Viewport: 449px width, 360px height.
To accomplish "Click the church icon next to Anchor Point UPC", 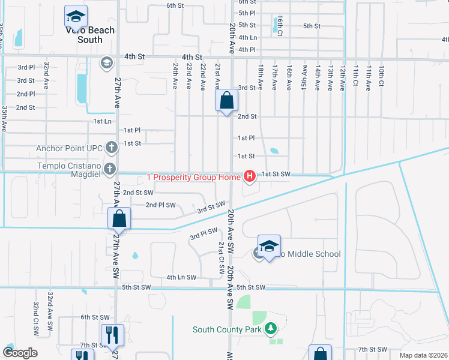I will [x=111, y=147].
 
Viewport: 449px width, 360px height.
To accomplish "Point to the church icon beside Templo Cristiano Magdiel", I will [x=109, y=169].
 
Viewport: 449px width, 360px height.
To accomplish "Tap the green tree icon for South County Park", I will [x=271, y=329].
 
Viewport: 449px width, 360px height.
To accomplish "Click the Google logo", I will [x=20, y=353].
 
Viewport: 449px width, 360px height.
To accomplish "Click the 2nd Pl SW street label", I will [x=161, y=205].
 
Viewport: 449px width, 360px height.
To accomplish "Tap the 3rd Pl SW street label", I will [x=203, y=233].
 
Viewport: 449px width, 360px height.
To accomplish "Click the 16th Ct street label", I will [x=279, y=25].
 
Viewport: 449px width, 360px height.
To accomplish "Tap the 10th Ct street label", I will [x=381, y=76].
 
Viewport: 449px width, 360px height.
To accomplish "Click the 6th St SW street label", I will [x=95, y=317].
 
